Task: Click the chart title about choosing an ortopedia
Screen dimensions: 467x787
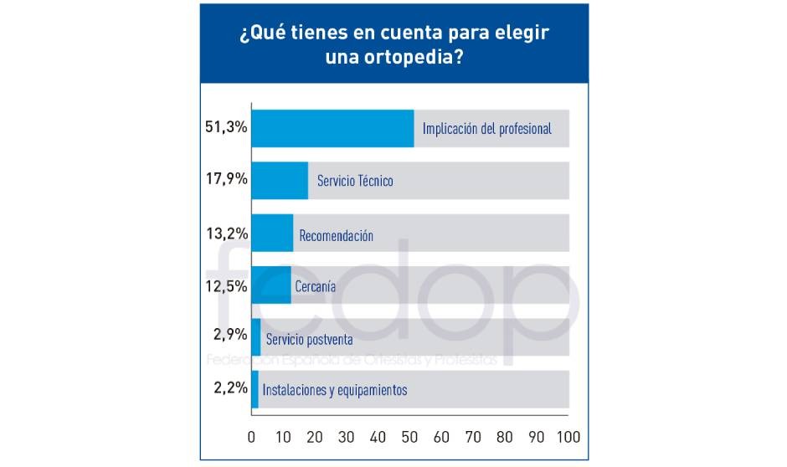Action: click(393, 48)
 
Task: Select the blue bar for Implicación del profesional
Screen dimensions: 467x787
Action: click(332, 129)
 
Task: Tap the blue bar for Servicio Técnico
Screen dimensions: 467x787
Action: click(280, 181)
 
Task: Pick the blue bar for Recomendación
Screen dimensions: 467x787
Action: click(272, 233)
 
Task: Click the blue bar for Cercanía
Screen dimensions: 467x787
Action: click(271, 285)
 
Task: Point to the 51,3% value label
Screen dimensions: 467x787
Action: click(226, 128)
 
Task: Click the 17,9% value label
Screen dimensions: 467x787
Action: click(226, 180)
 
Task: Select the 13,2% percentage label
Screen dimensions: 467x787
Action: click(226, 233)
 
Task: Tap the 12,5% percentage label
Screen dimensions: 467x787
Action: click(226, 285)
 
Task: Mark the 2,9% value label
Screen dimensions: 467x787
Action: click(229, 335)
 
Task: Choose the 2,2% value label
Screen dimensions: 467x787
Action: click(229, 387)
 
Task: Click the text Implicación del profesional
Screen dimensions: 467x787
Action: click(486, 129)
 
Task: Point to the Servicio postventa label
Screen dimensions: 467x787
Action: click(309, 340)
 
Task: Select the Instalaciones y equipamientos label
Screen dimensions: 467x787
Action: click(334, 390)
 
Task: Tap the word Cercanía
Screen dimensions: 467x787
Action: click(316, 286)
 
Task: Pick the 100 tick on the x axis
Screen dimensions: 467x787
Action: click(568, 437)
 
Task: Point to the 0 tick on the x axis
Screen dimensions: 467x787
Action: click(252, 437)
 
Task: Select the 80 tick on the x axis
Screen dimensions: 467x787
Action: click(505, 437)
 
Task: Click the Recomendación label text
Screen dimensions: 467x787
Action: click(336, 236)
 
